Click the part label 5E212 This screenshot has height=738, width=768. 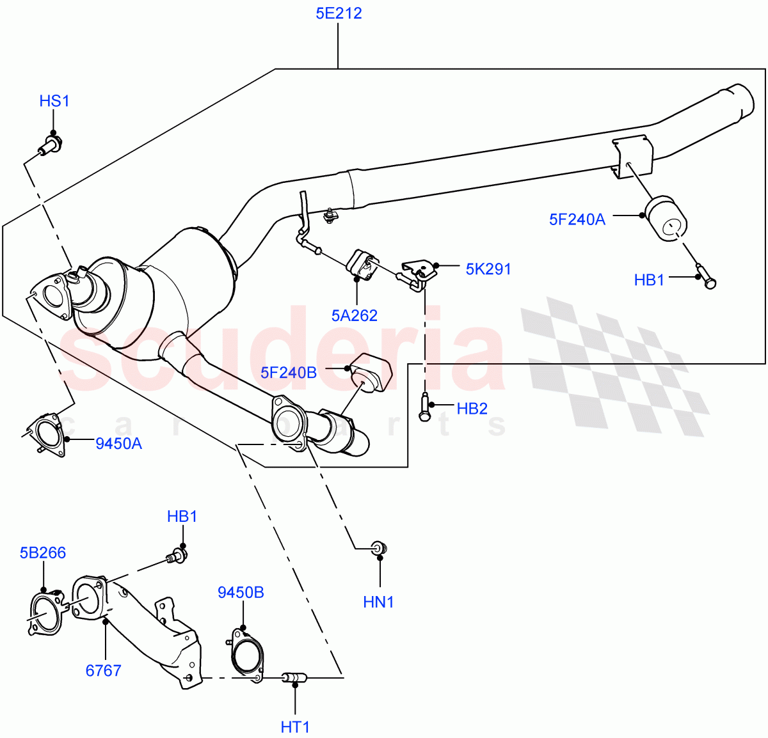[x=339, y=13]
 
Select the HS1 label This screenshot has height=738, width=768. [x=54, y=101]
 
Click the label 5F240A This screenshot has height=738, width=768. [x=577, y=219]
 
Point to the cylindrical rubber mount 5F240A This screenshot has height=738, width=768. [x=666, y=220]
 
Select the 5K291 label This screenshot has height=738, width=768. [x=488, y=269]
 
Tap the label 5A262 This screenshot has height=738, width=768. [x=355, y=315]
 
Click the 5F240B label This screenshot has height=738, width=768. [x=288, y=372]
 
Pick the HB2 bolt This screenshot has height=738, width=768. [x=424, y=407]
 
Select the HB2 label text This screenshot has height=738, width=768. [x=472, y=409]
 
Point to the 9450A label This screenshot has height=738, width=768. [x=118, y=443]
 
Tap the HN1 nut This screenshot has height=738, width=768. [x=380, y=548]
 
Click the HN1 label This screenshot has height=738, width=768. [x=378, y=602]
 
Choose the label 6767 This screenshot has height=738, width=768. [x=103, y=670]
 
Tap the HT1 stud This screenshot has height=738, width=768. [x=295, y=676]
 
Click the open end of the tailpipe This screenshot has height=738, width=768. [x=744, y=102]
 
